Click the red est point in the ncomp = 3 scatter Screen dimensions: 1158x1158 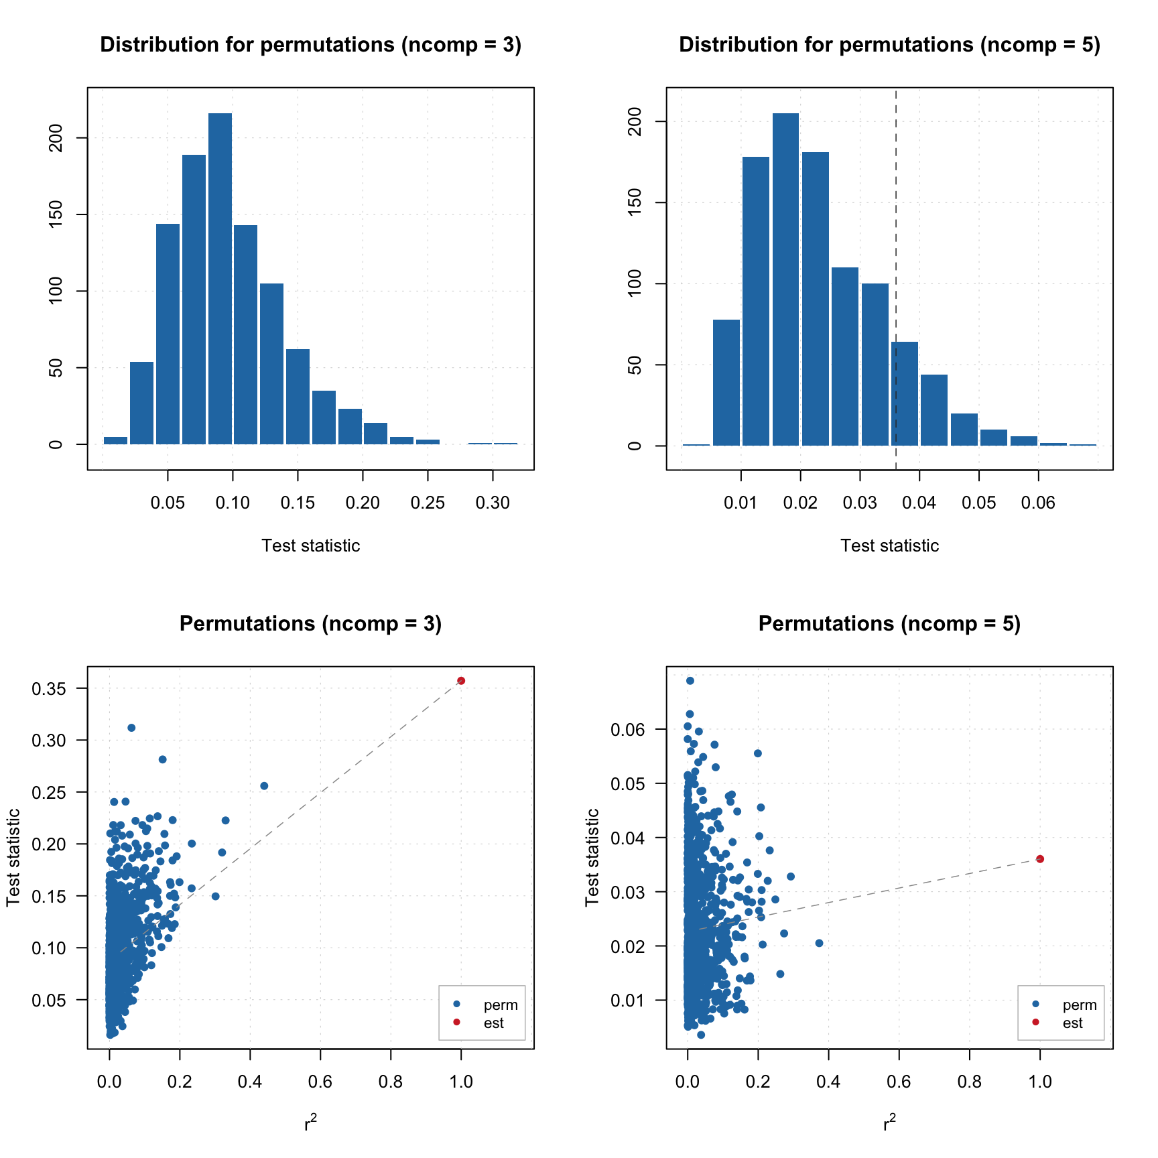click(461, 681)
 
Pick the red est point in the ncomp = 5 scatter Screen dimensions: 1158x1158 click(1040, 859)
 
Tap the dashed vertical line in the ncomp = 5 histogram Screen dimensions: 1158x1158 click(896, 201)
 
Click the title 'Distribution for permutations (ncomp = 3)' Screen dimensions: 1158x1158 click(310, 45)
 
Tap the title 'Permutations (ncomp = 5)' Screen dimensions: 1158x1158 click(889, 624)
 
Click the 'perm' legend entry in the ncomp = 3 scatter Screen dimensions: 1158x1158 click(500, 1005)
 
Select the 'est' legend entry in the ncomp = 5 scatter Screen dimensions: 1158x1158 click(1072, 1023)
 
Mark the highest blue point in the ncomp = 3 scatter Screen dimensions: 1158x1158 click(131, 728)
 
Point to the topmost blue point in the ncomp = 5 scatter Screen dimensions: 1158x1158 click(690, 681)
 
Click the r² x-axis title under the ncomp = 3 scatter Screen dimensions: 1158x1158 click(310, 1123)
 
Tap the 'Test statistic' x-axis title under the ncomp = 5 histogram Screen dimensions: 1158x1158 click(889, 545)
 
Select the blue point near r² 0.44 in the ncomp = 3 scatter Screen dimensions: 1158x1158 click(264, 786)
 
